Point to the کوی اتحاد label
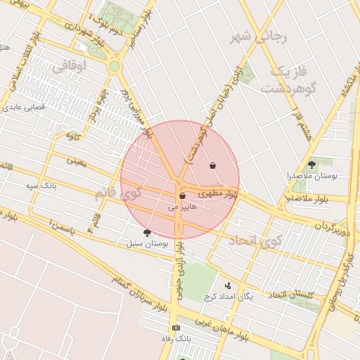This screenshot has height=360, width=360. coord(254,240)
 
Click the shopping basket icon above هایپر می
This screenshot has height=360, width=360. coord(183,196)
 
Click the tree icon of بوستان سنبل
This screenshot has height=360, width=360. coord(147,233)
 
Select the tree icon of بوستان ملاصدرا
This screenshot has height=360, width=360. coord(311,164)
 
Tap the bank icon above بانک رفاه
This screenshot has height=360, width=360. coord(176,328)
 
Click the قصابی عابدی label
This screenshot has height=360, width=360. coord(25,108)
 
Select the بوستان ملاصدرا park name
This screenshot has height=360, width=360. coord(312,176)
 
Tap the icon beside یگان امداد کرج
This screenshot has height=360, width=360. coord(227,285)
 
